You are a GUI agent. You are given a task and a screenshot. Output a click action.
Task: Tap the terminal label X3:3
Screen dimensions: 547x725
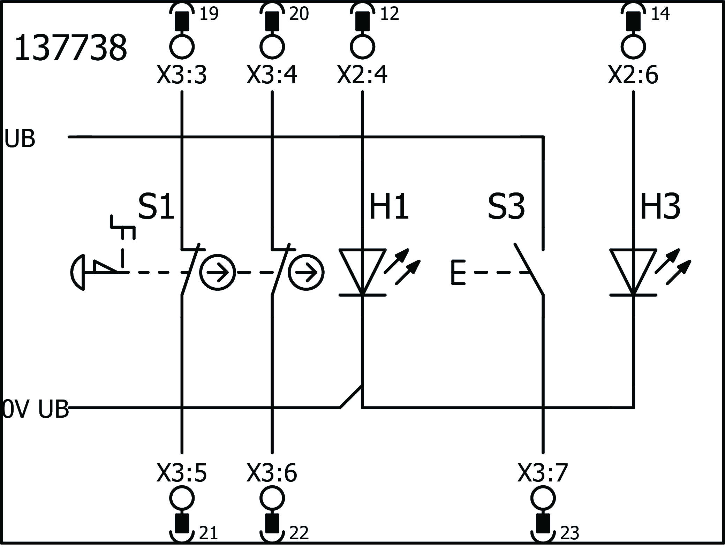tap(182, 75)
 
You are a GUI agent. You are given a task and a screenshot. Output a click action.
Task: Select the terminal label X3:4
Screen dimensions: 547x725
tap(272, 75)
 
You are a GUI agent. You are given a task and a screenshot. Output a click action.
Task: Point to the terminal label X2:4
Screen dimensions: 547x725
tap(362, 75)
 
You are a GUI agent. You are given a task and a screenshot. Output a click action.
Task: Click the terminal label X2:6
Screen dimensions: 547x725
tap(633, 75)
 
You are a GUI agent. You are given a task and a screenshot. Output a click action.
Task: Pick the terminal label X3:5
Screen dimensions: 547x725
tap(182, 473)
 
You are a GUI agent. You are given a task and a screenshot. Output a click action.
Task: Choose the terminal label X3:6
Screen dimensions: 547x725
tap(272, 473)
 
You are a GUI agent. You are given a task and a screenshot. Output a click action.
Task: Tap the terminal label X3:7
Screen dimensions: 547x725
tap(543, 473)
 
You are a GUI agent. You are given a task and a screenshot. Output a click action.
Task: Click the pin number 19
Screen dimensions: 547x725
tap(209, 14)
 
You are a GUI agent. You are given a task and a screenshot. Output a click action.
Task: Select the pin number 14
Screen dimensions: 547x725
tap(660, 14)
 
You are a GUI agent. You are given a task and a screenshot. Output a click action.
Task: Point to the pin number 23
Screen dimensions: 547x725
tap(570, 533)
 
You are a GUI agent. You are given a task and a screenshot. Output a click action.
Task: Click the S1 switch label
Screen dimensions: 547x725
tap(156, 207)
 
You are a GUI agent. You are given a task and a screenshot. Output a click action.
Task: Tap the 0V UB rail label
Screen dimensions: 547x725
tap(36, 409)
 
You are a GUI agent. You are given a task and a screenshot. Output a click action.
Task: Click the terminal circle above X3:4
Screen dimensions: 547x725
tap(272, 46)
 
